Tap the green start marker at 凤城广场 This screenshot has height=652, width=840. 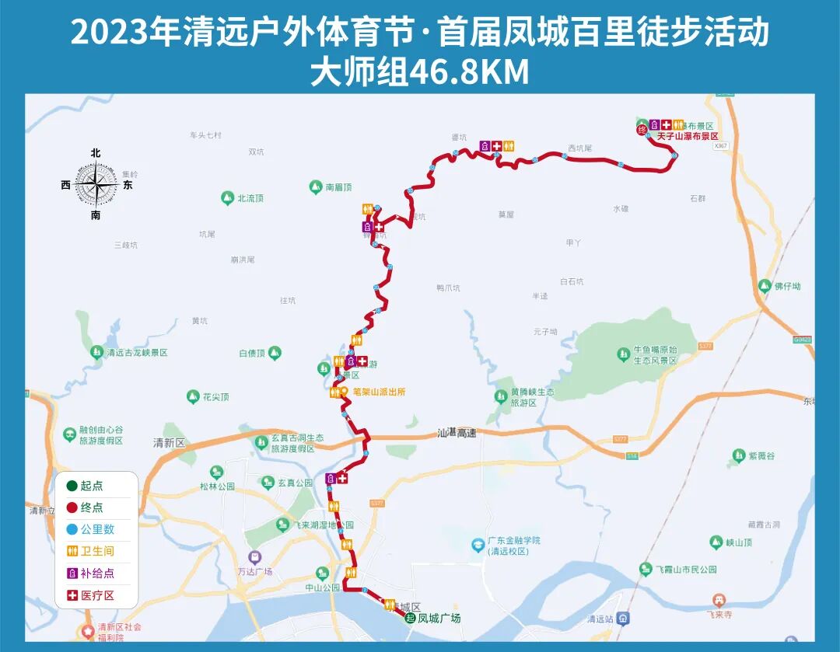(x=410, y=618)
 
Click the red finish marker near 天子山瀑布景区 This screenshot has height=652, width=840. (x=642, y=130)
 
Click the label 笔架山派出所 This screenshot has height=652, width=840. (x=378, y=392)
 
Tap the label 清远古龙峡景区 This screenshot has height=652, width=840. (x=136, y=353)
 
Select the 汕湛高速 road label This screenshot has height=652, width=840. (x=457, y=433)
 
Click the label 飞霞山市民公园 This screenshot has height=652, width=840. (x=684, y=570)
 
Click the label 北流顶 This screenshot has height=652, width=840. (x=250, y=198)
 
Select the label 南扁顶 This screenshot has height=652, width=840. (x=338, y=187)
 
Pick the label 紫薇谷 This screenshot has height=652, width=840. (x=761, y=455)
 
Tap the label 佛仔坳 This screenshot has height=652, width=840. (x=786, y=286)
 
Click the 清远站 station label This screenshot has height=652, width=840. (x=601, y=619)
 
